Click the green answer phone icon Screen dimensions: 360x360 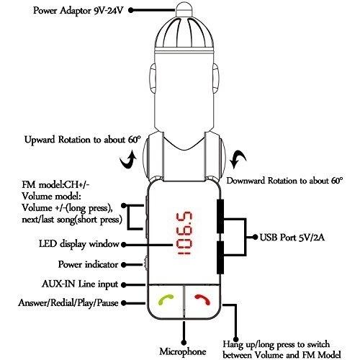[x=166, y=300]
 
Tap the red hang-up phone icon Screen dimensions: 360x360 [x=203, y=300]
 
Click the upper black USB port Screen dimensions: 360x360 [x=220, y=216]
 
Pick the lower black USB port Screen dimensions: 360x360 [x=220, y=257]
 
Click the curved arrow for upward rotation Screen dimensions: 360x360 [x=128, y=160]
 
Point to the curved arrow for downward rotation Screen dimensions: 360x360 [x=239, y=159]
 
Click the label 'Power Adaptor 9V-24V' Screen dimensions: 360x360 [x=78, y=11]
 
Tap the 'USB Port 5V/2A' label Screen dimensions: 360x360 [x=292, y=238]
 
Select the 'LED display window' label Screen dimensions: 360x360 [x=79, y=244]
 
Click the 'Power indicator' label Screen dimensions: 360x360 [x=88, y=264]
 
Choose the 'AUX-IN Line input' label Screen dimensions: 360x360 [x=80, y=284]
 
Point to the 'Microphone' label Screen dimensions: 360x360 [x=183, y=352]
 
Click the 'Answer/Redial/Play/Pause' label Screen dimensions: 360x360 [x=68, y=303]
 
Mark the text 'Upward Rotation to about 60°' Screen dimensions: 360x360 [x=83, y=140]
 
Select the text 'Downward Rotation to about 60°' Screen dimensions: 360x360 [x=284, y=181]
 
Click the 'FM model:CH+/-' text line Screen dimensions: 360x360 [x=55, y=185]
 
